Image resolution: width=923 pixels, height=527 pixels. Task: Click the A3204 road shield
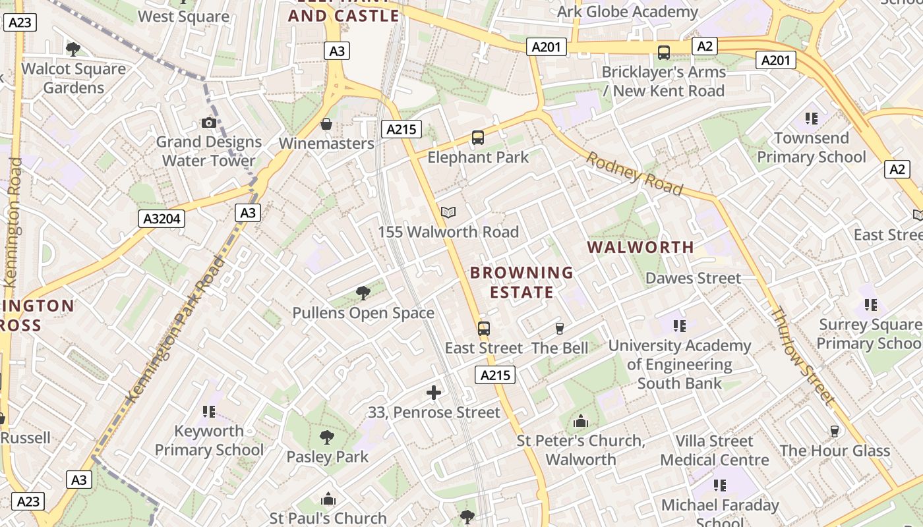coord(162,219)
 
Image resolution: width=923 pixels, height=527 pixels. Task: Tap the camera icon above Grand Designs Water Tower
coord(209,123)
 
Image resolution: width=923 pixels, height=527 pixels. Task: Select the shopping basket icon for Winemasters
coord(326,124)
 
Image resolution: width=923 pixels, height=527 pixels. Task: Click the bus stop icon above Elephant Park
coord(478,138)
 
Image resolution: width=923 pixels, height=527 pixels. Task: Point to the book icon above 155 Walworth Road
coord(448,212)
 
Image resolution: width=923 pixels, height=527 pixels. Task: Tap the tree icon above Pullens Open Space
coord(363,293)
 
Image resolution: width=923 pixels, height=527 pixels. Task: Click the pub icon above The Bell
coord(560,328)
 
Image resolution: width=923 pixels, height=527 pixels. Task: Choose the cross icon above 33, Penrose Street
coord(434,393)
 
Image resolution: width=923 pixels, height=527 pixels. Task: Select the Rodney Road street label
coord(634,174)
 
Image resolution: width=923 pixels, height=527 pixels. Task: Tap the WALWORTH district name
coord(640,248)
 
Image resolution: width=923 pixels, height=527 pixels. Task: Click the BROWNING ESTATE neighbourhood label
coord(521,282)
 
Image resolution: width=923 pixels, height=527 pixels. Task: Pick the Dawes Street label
coord(693,278)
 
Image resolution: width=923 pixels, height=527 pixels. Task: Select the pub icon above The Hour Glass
coord(835,431)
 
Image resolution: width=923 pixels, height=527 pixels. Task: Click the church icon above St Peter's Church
coord(581,421)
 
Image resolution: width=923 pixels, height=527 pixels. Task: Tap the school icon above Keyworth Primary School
coord(209,412)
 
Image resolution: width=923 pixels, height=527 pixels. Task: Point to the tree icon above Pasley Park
coord(327,437)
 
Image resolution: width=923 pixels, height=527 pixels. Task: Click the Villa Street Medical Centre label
coord(715,450)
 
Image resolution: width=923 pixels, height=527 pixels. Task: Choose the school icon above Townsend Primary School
coord(812,119)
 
